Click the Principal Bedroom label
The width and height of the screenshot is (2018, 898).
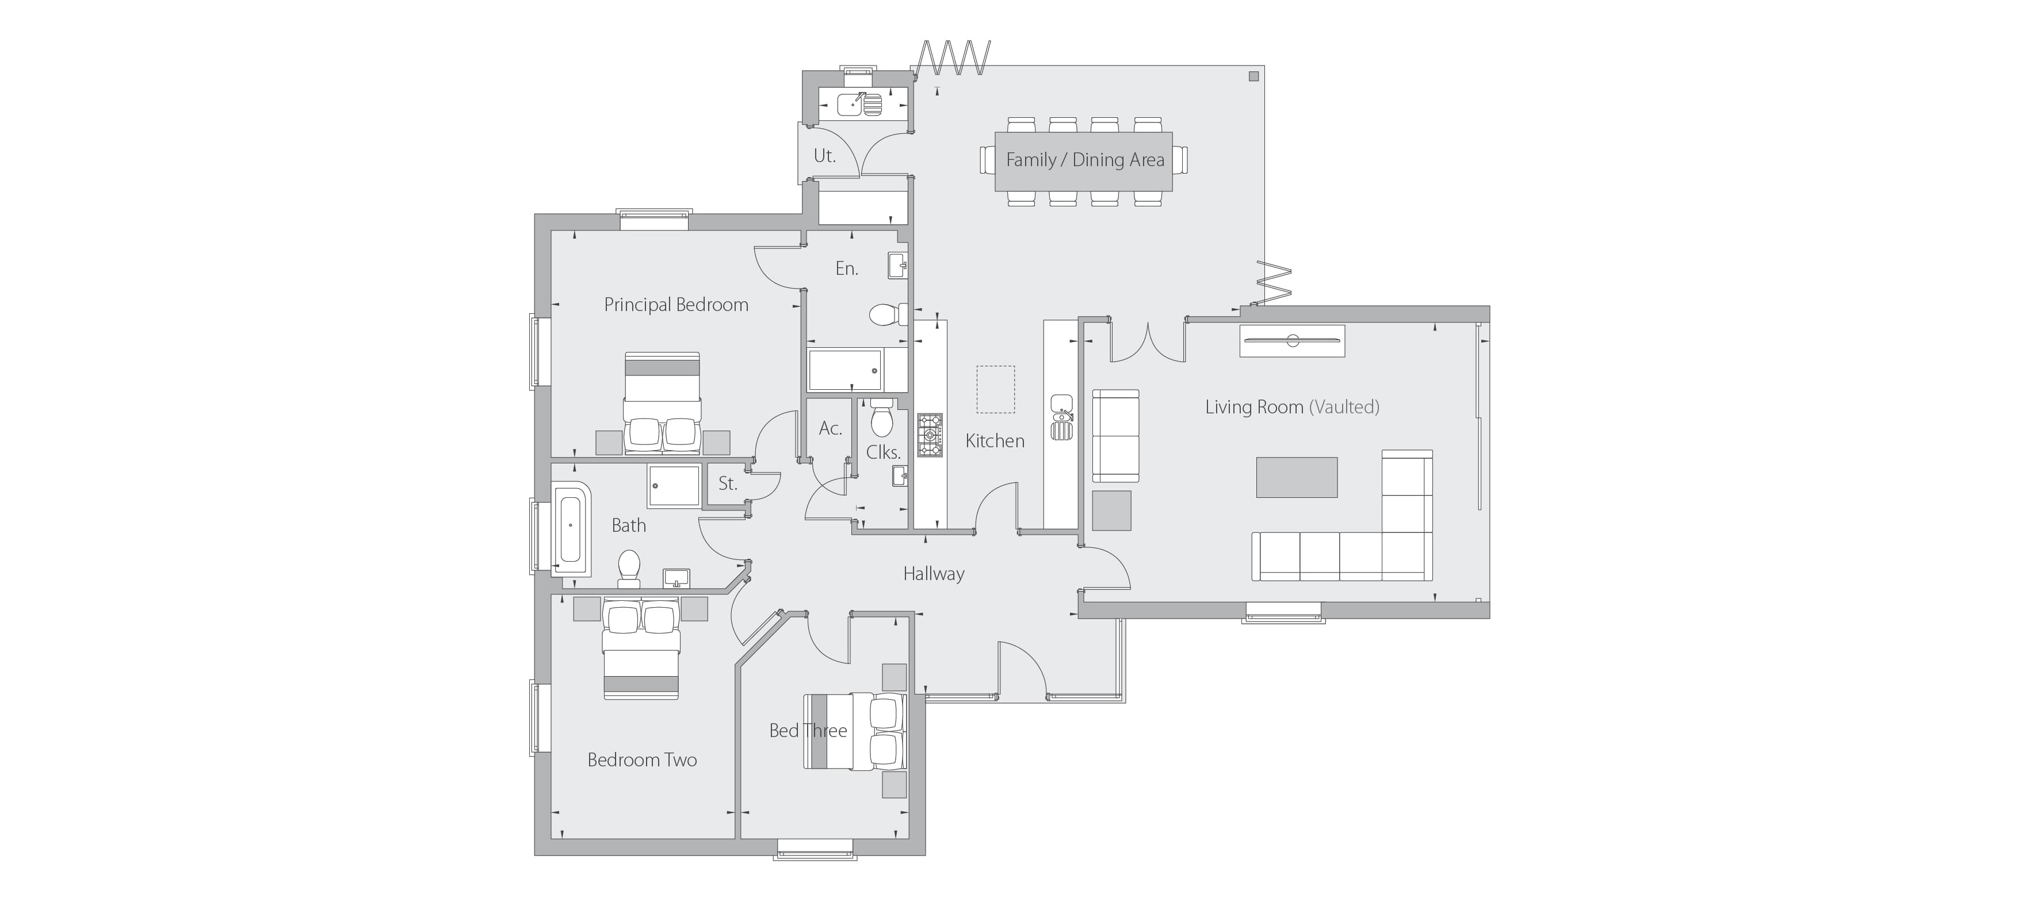tap(676, 305)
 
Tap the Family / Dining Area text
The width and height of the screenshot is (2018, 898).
tap(1085, 160)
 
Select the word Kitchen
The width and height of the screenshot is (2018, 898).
tap(995, 441)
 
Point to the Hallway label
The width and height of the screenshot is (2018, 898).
tap(934, 574)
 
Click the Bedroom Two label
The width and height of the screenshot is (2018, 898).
tap(643, 759)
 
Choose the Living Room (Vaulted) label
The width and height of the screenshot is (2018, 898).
tap(1293, 407)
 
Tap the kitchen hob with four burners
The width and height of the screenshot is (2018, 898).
tap(930, 435)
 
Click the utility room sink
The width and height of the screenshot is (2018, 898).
tap(859, 104)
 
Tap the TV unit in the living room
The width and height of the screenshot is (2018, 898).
tap(1292, 340)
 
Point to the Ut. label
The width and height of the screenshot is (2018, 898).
tap(824, 156)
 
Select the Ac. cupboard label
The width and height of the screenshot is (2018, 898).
tap(831, 428)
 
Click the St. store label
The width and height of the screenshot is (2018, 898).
tap(728, 484)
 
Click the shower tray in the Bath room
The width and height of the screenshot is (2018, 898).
tap(674, 486)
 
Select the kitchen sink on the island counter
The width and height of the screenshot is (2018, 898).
tap(1061, 418)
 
